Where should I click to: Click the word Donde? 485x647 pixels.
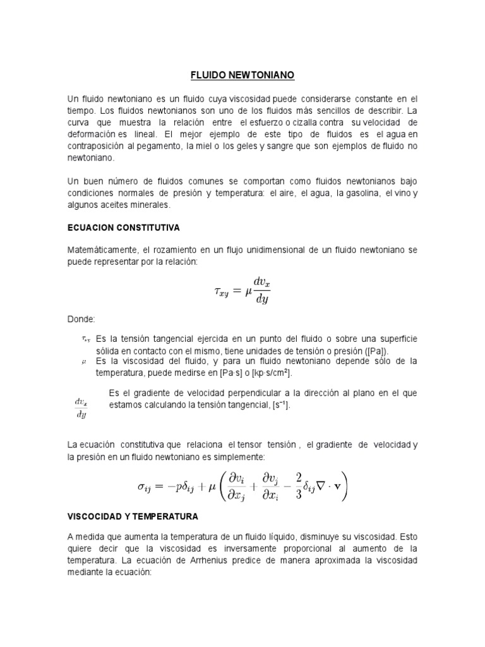[x=80, y=320]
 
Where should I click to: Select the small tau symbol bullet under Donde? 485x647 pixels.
[x=87, y=339]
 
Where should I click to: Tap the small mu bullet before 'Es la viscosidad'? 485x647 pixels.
[x=84, y=362]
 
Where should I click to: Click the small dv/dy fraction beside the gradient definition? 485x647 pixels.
[x=81, y=408]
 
